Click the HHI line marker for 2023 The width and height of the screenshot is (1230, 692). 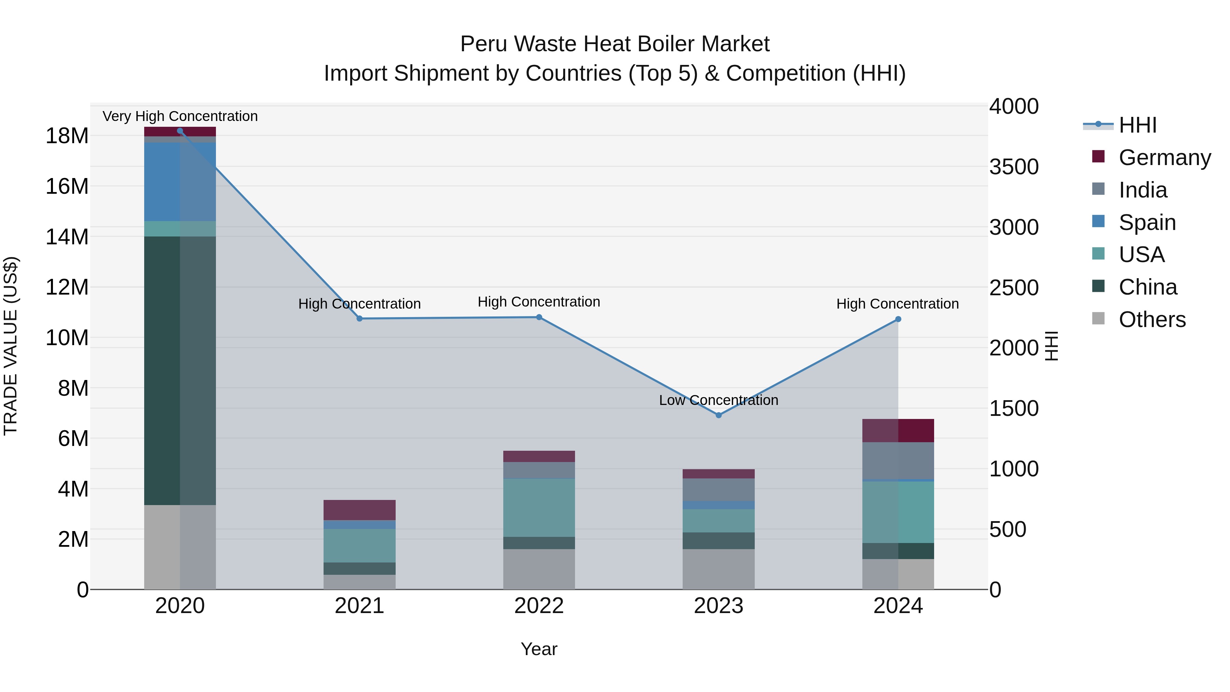(718, 415)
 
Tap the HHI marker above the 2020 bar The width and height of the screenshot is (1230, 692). (180, 131)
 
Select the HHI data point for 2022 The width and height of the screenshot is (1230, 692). (539, 317)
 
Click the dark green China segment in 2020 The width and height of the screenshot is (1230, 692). (162, 370)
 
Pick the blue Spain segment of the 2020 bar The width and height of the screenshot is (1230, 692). (162, 181)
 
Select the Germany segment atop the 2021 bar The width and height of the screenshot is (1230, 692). (359, 510)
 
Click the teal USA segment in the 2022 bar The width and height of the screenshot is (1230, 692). (539, 508)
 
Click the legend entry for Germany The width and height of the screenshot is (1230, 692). (1164, 158)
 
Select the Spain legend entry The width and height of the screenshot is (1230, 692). (1147, 222)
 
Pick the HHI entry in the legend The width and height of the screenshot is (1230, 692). (1137, 125)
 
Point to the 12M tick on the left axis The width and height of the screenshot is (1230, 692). (67, 287)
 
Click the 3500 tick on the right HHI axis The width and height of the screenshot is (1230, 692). (1013, 167)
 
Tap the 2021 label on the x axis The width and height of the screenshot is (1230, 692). (359, 606)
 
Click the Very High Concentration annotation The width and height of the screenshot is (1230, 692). (180, 116)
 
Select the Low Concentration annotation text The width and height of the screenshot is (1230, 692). (718, 400)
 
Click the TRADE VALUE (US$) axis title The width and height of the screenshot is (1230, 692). (11, 346)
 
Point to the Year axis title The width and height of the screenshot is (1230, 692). (539, 649)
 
